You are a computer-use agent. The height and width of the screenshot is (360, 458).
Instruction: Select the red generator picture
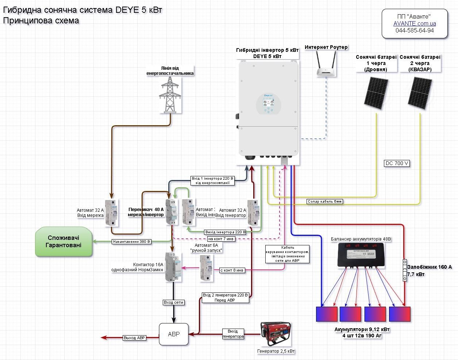276,334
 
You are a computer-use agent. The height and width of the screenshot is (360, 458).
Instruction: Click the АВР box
174,334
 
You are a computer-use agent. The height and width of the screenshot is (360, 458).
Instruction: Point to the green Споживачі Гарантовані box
63,241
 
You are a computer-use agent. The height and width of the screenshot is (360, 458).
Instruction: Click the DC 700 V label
397,163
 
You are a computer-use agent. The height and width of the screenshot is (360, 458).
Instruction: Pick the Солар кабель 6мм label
325,201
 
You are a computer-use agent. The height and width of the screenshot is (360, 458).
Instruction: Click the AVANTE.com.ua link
415,23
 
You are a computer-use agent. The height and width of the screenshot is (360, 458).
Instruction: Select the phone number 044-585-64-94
415,30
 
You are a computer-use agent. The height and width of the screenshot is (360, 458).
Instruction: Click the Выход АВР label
134,338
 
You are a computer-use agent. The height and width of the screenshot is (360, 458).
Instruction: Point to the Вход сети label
173,302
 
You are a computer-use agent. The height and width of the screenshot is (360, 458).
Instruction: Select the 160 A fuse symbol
404,271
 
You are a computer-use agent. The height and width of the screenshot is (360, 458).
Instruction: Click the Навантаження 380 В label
132,241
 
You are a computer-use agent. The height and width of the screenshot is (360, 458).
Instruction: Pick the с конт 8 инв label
232,270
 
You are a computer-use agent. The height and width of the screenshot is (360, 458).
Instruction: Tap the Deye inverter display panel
269,104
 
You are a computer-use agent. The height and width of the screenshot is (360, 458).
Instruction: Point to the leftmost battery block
327,314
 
